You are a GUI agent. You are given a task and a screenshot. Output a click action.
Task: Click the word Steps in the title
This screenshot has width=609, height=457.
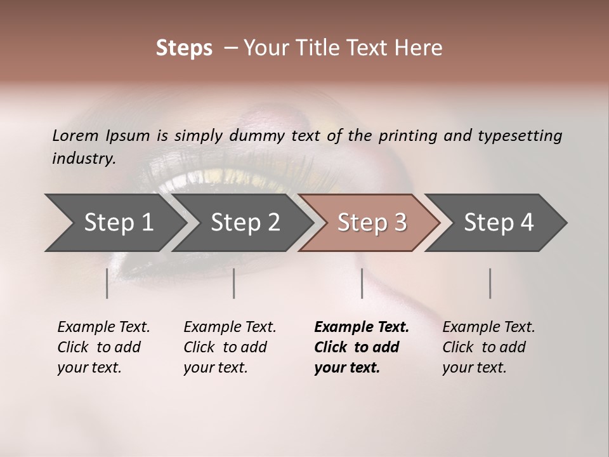pyautogui.click(x=184, y=48)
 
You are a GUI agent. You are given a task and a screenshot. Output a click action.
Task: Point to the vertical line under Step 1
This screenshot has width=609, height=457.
pyautogui.click(x=107, y=283)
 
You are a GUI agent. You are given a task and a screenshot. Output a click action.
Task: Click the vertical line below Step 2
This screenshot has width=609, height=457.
pyautogui.click(x=234, y=283)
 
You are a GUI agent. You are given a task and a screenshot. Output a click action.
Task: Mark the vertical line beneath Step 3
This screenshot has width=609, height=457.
pyautogui.click(x=362, y=283)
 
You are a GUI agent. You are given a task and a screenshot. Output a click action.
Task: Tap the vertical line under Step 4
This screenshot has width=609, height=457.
pyautogui.click(x=490, y=283)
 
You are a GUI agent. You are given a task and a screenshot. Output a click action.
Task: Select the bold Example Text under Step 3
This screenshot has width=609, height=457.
pyautogui.click(x=362, y=347)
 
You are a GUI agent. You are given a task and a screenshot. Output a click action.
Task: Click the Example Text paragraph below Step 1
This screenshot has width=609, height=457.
pyautogui.click(x=103, y=347)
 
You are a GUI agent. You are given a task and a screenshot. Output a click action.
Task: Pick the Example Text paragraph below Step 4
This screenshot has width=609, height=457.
pyautogui.click(x=488, y=347)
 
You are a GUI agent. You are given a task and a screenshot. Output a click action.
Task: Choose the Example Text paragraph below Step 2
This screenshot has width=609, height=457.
pyautogui.click(x=230, y=347)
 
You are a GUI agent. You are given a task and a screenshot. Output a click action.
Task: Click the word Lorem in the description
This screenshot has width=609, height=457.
pyautogui.click(x=75, y=135)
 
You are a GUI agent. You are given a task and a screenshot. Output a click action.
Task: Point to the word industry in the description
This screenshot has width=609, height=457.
pyautogui.click(x=83, y=159)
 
